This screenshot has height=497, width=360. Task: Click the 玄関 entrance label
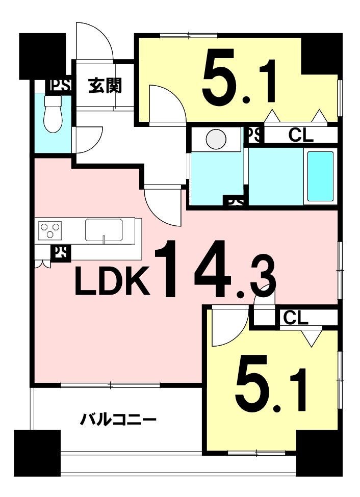point(105,86)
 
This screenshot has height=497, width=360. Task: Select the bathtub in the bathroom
point(320,176)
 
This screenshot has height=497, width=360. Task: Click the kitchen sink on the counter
point(104,230)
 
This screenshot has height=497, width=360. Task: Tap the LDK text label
point(112,281)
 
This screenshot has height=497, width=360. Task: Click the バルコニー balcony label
point(118,421)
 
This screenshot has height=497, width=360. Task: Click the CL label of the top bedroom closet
point(301,136)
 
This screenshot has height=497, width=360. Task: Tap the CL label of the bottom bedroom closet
point(296,318)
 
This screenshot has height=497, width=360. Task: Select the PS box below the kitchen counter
point(61,253)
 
